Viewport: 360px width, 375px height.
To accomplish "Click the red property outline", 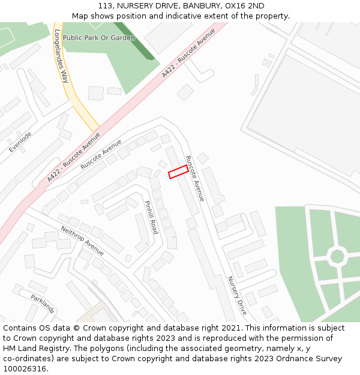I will click(178, 172).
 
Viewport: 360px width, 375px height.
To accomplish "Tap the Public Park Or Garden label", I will click(99, 38).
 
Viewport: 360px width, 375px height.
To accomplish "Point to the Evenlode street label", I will click(20, 142).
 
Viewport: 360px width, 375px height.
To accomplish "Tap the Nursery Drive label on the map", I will click(237, 296).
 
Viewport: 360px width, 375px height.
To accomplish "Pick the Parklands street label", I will click(43, 303).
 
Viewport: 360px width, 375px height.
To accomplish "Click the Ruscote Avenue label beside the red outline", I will click(195, 178).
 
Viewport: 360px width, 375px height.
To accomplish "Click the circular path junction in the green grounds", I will click(337, 256).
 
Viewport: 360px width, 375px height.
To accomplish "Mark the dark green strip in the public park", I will click(134, 40).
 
